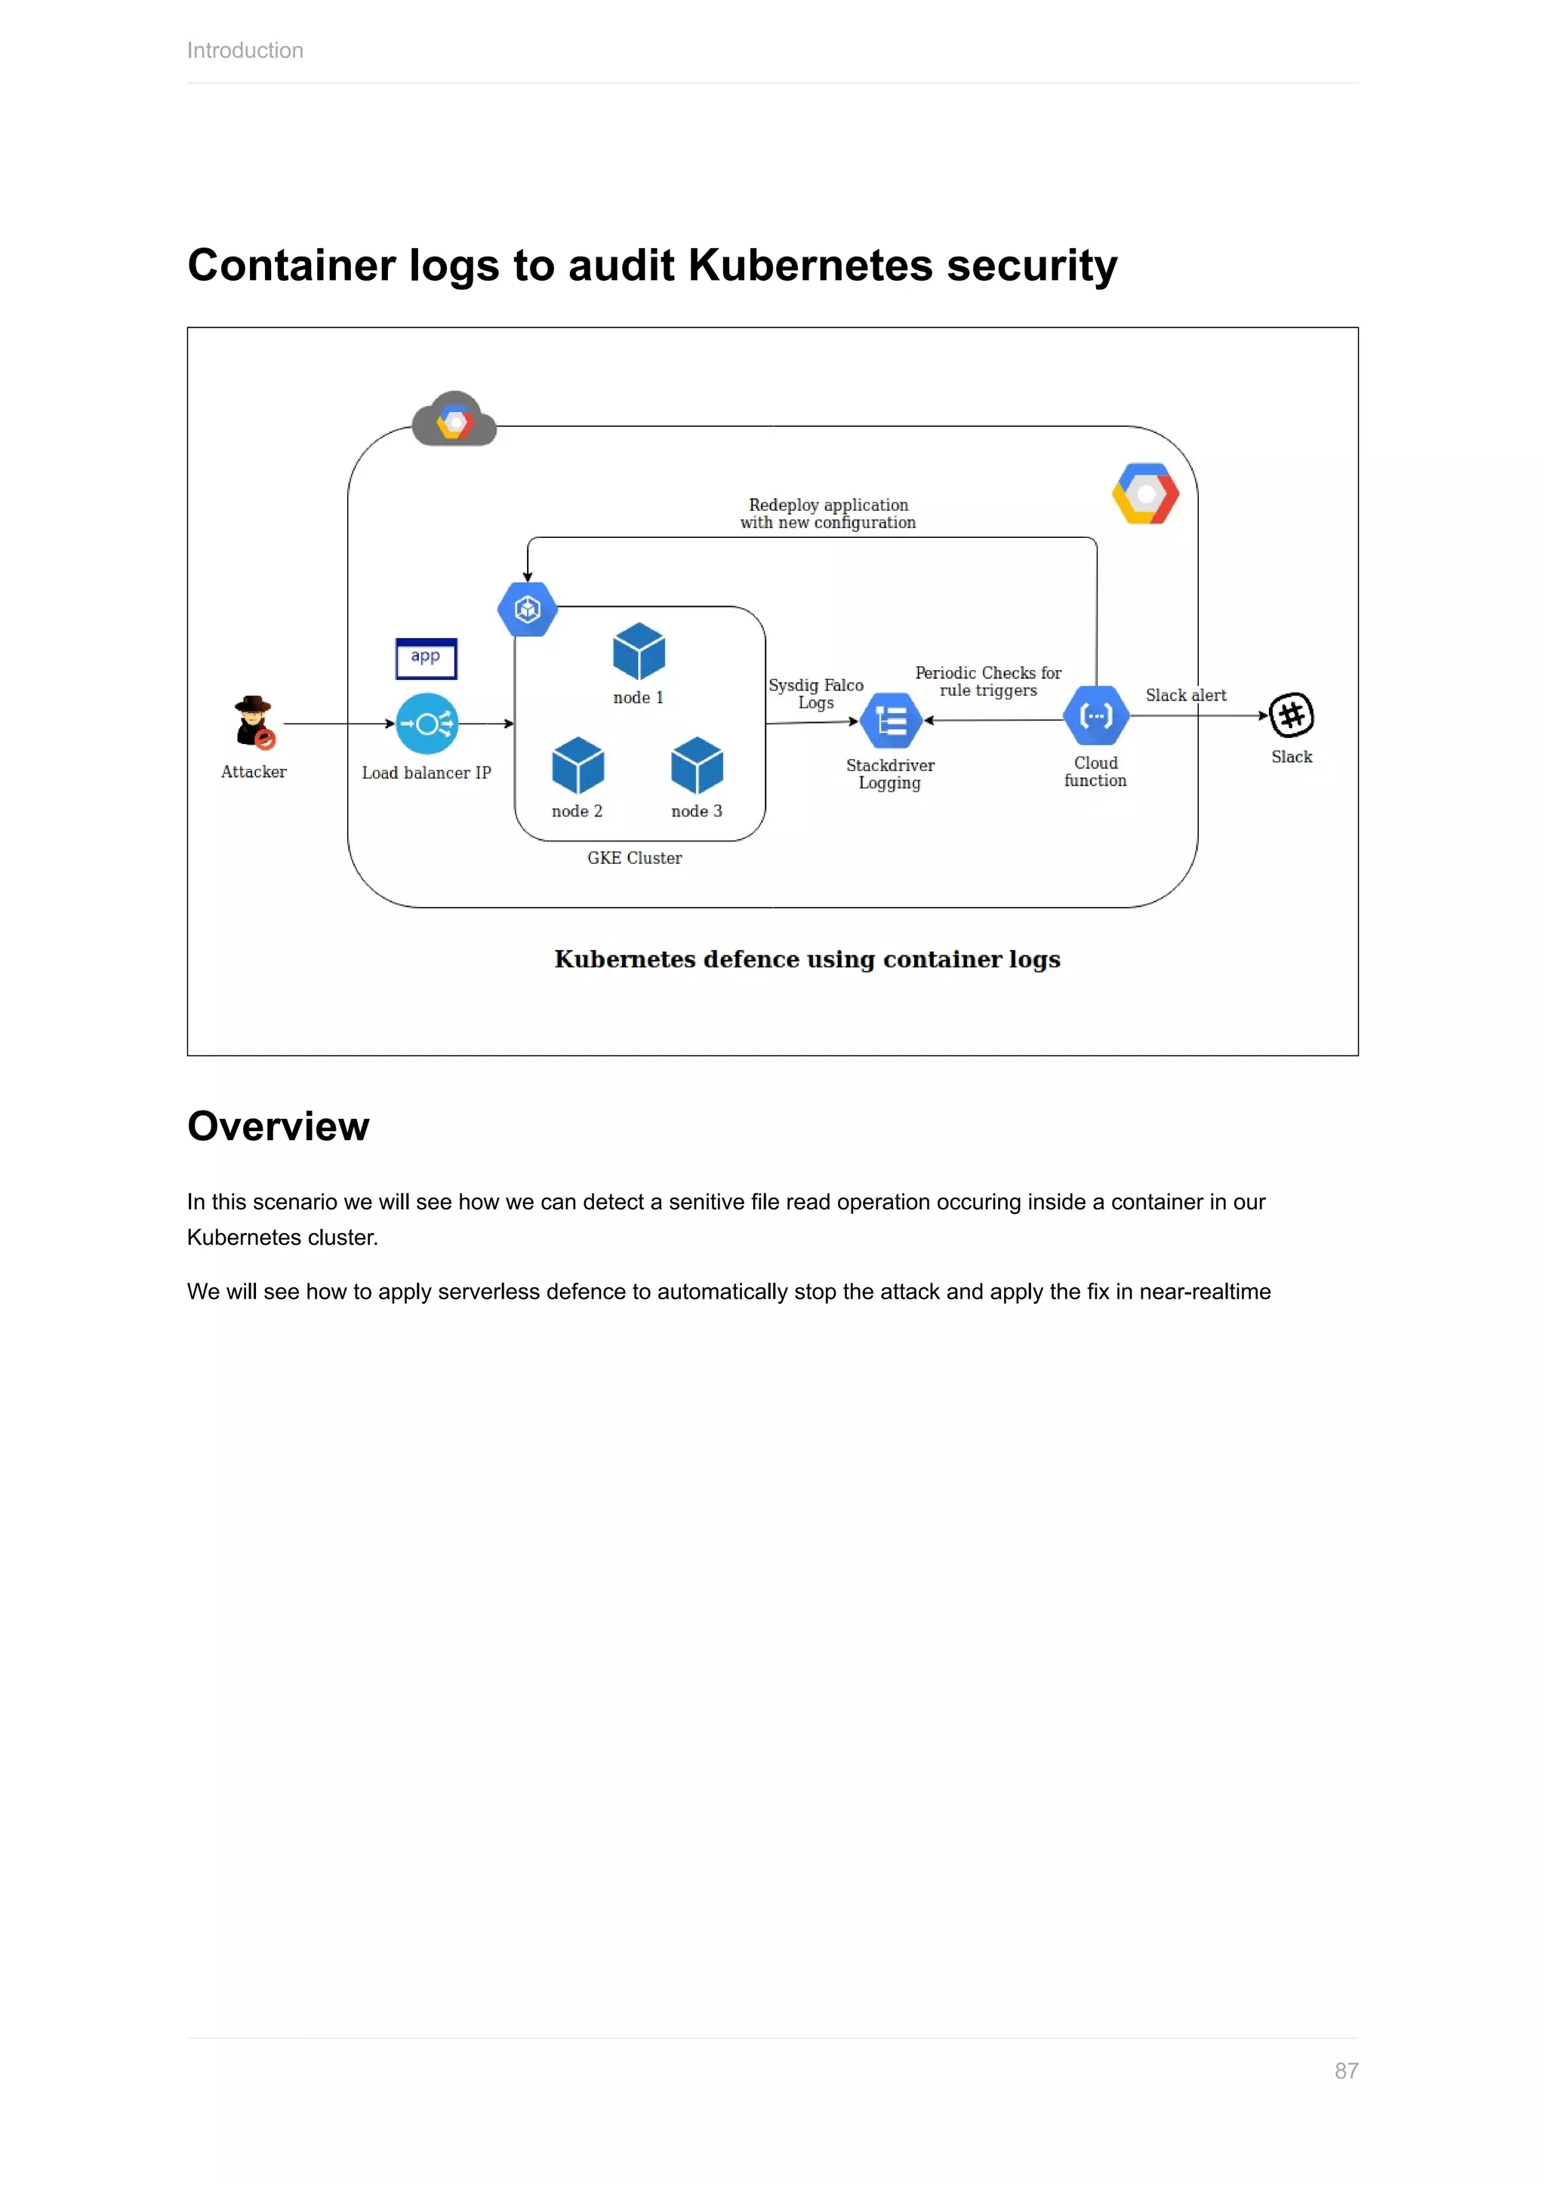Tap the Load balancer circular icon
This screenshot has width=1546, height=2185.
427,724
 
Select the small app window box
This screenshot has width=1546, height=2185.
426,658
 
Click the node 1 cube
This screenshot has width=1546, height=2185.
639,652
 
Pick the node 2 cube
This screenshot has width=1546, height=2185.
577,765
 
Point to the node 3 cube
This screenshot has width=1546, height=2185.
697,765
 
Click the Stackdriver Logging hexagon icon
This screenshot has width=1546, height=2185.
891,721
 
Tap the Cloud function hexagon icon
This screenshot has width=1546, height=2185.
1096,716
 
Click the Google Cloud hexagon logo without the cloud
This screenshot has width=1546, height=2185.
1145,494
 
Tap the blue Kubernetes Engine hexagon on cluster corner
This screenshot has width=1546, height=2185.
528,609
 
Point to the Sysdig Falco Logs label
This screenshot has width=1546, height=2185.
816,694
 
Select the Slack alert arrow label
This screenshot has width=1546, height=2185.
1185,696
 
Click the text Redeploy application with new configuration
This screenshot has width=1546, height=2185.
828,514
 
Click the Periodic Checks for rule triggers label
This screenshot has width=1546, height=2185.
988,681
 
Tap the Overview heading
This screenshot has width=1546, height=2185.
278,1126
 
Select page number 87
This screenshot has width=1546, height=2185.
1345,2071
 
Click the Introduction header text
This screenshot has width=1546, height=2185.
245,51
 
